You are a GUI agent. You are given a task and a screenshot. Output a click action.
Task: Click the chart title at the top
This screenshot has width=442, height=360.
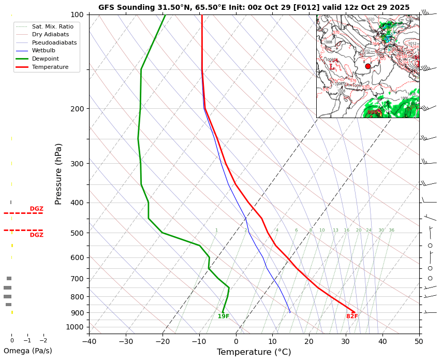(254, 7)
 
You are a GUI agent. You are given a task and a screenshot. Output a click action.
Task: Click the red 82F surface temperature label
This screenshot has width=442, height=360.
(352, 316)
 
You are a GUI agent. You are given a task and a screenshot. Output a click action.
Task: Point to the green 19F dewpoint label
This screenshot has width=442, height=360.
(224, 316)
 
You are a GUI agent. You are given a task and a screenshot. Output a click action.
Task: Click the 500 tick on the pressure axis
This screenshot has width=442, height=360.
(77, 233)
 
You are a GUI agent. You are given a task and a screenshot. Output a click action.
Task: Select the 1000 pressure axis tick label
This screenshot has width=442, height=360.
(75, 327)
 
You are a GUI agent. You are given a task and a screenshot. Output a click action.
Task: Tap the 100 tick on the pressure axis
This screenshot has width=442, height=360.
(77, 15)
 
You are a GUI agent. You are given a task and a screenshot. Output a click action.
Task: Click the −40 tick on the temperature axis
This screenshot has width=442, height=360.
(89, 341)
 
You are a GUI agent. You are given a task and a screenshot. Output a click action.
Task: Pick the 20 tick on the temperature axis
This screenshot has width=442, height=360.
(309, 341)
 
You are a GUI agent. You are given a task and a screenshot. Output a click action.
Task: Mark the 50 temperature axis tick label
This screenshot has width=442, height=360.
(419, 341)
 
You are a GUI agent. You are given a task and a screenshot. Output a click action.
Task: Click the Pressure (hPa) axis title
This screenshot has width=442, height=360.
(58, 174)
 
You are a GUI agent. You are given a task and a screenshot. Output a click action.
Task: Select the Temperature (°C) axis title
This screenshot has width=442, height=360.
(254, 352)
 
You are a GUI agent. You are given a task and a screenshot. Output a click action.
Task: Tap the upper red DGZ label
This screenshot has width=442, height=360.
(36, 209)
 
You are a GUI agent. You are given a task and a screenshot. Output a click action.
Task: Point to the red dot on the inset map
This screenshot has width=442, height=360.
(368, 66)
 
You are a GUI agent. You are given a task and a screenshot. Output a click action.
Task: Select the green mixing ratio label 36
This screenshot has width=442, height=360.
(392, 231)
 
